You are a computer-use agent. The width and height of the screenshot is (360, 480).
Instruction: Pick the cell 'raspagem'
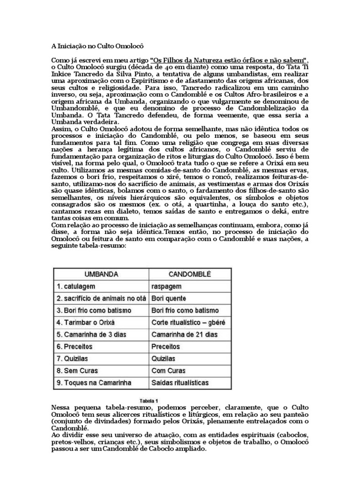pos(166,285)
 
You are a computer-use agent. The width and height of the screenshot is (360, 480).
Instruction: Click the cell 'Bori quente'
pos(169,298)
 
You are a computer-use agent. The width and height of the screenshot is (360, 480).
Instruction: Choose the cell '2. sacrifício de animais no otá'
pos(101,298)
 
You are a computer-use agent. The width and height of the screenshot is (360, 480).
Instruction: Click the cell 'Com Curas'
pos(168,371)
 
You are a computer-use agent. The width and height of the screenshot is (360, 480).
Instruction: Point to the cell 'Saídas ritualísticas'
pos(180,383)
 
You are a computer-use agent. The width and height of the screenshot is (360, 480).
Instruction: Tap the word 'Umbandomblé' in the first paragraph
pos(77,107)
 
